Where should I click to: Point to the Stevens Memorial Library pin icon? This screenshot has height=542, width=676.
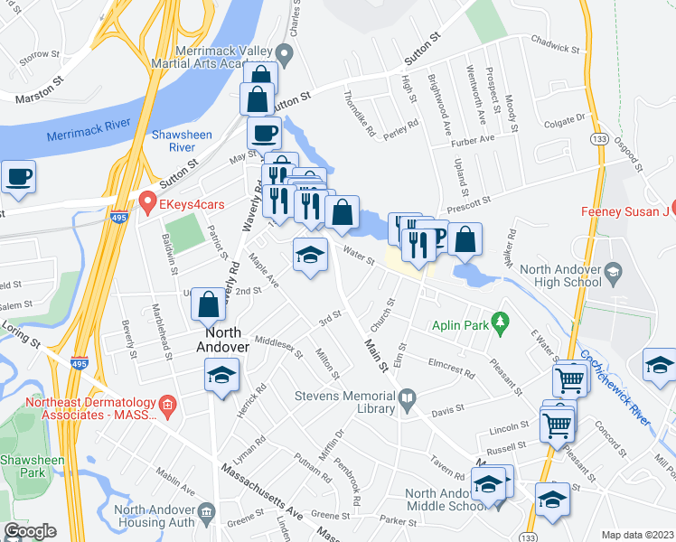tap(407, 397)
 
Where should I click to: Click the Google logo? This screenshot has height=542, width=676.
tap(30, 531)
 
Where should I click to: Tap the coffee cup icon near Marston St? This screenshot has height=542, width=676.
tap(19, 178)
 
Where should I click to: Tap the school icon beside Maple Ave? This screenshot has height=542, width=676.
tap(309, 256)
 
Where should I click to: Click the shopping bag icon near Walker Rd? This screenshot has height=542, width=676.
tap(465, 240)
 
